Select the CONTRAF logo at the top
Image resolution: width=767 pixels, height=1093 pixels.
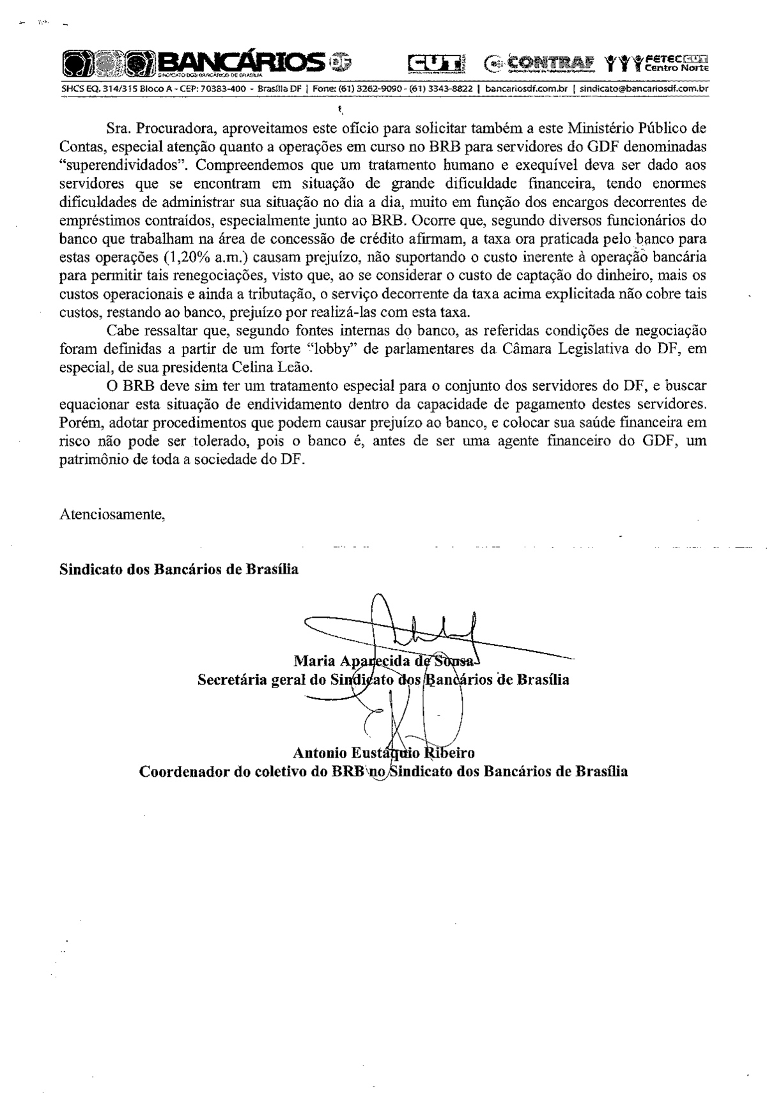[x=538, y=63]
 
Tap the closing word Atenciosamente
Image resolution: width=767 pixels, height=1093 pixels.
[x=112, y=514]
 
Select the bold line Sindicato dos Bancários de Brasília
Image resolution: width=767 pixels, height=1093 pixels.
[x=179, y=569]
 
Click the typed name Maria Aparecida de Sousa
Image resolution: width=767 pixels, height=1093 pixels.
[x=384, y=661]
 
